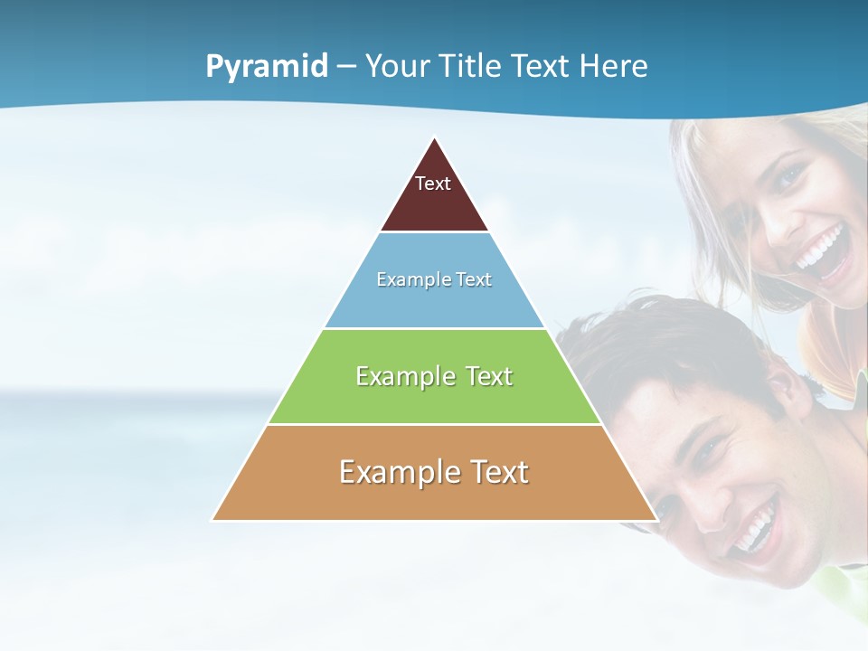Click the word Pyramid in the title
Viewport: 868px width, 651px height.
point(267,67)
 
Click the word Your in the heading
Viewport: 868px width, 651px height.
point(399,67)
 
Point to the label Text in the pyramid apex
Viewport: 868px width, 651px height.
point(433,184)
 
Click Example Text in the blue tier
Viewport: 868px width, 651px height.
point(434,279)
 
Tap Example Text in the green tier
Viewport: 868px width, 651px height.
point(434,376)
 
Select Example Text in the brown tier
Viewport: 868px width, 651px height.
point(434,472)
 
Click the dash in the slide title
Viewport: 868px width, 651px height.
point(346,67)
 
